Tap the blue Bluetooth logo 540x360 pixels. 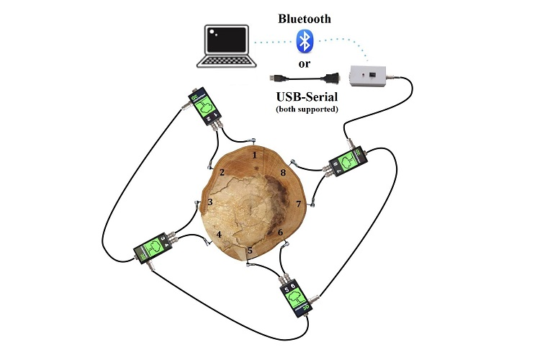point(306,42)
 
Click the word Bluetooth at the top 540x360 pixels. point(305,19)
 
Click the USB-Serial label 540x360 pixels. point(305,97)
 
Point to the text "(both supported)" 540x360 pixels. point(305,109)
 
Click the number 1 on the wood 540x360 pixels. point(254,153)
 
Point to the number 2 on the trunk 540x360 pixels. point(223,172)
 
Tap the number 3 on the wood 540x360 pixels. point(210,202)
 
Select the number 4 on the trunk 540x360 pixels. point(220,234)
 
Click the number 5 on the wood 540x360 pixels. point(250,251)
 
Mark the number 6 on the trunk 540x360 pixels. point(281,233)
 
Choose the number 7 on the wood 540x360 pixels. point(299,204)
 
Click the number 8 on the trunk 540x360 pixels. point(283,173)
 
